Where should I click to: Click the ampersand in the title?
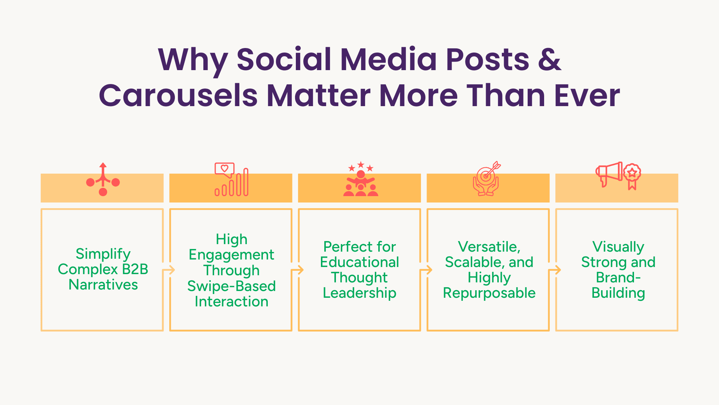pyautogui.click(x=549, y=59)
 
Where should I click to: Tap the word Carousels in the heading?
pyautogui.click(x=178, y=95)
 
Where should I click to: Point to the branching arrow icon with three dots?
pyautogui.click(x=103, y=179)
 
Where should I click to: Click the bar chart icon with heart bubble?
pyautogui.click(x=231, y=179)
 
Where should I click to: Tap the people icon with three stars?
pyautogui.click(x=361, y=179)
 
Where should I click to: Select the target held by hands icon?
pyautogui.click(x=486, y=178)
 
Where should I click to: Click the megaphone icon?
pyautogui.click(x=609, y=174)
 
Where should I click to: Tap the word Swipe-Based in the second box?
pyautogui.click(x=231, y=286)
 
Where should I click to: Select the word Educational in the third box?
pyautogui.click(x=359, y=262)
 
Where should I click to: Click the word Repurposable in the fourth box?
pyautogui.click(x=489, y=293)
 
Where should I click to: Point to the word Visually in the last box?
pyautogui.click(x=618, y=247)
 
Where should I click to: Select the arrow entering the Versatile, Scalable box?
pyautogui.click(x=426, y=270)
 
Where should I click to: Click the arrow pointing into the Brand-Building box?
pyautogui.click(x=555, y=270)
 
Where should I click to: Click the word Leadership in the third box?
pyautogui.click(x=359, y=293)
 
